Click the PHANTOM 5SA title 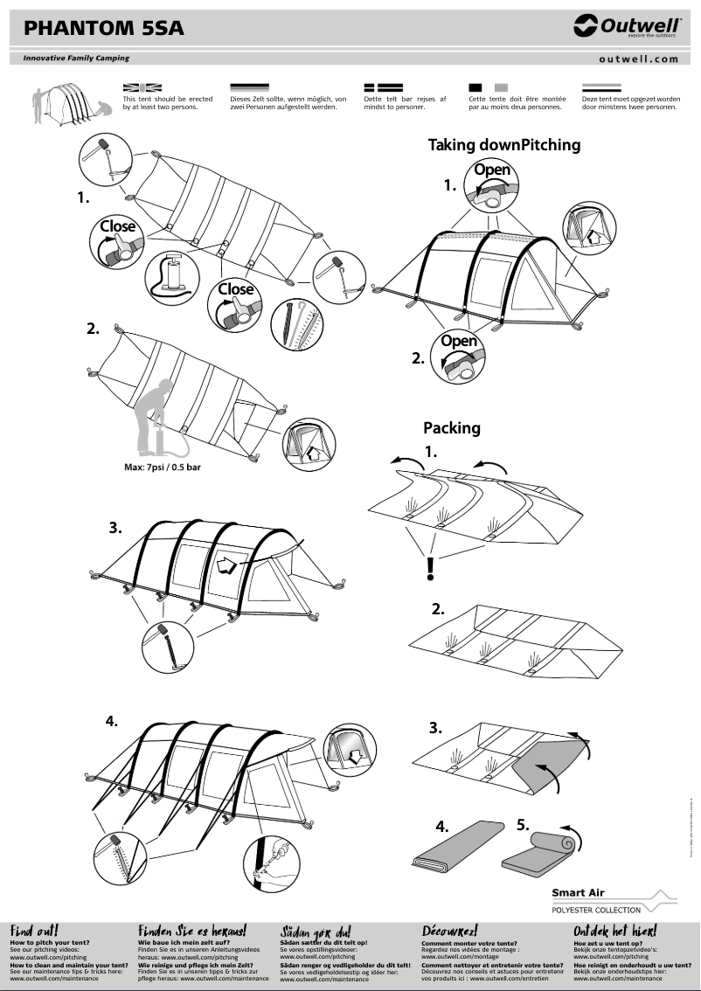click(104, 29)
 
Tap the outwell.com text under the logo click(639, 59)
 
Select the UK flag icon click(142, 87)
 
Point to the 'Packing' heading click(452, 428)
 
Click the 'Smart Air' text click(579, 893)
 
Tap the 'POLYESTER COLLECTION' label click(596, 910)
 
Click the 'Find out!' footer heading click(34, 931)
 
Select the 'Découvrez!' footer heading click(449, 931)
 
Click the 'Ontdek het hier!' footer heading click(614, 931)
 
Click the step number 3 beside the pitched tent click(115, 529)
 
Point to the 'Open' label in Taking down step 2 click(458, 341)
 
